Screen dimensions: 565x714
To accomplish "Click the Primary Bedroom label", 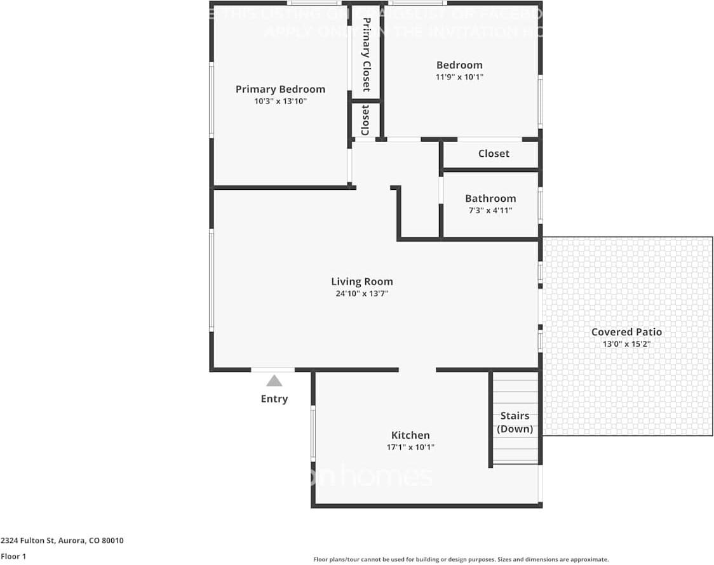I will coord(280,90).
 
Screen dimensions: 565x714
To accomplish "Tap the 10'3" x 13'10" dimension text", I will coord(280,102).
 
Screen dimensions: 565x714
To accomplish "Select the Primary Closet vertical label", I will coord(366,55).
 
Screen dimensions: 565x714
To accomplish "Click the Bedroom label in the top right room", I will coord(459,65).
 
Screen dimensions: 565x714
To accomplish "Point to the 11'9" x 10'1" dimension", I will coord(459,77).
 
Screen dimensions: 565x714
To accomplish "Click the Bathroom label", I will coord(490,198).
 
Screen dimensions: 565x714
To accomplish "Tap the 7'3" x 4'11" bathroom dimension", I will coord(490,210).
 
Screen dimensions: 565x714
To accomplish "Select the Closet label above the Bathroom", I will coord(494,154).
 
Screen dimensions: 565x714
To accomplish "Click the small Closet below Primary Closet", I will coord(365,121).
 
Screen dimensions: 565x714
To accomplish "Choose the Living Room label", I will coord(362,281).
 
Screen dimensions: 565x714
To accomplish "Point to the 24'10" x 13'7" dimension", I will coord(362,293).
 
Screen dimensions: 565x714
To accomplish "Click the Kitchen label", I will coord(410,435).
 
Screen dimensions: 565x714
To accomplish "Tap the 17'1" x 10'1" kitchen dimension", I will coord(410,447).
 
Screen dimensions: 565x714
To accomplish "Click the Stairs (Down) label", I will coord(515,422).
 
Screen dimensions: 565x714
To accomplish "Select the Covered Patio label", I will coord(626,332).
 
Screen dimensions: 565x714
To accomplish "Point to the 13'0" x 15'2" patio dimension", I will coord(626,344).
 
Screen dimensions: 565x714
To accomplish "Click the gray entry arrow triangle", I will coord(274,381).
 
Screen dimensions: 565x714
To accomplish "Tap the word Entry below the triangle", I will coord(274,399).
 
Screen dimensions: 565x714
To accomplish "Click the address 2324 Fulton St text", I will coord(62,541).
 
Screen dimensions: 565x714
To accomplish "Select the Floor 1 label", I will coord(13,556).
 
